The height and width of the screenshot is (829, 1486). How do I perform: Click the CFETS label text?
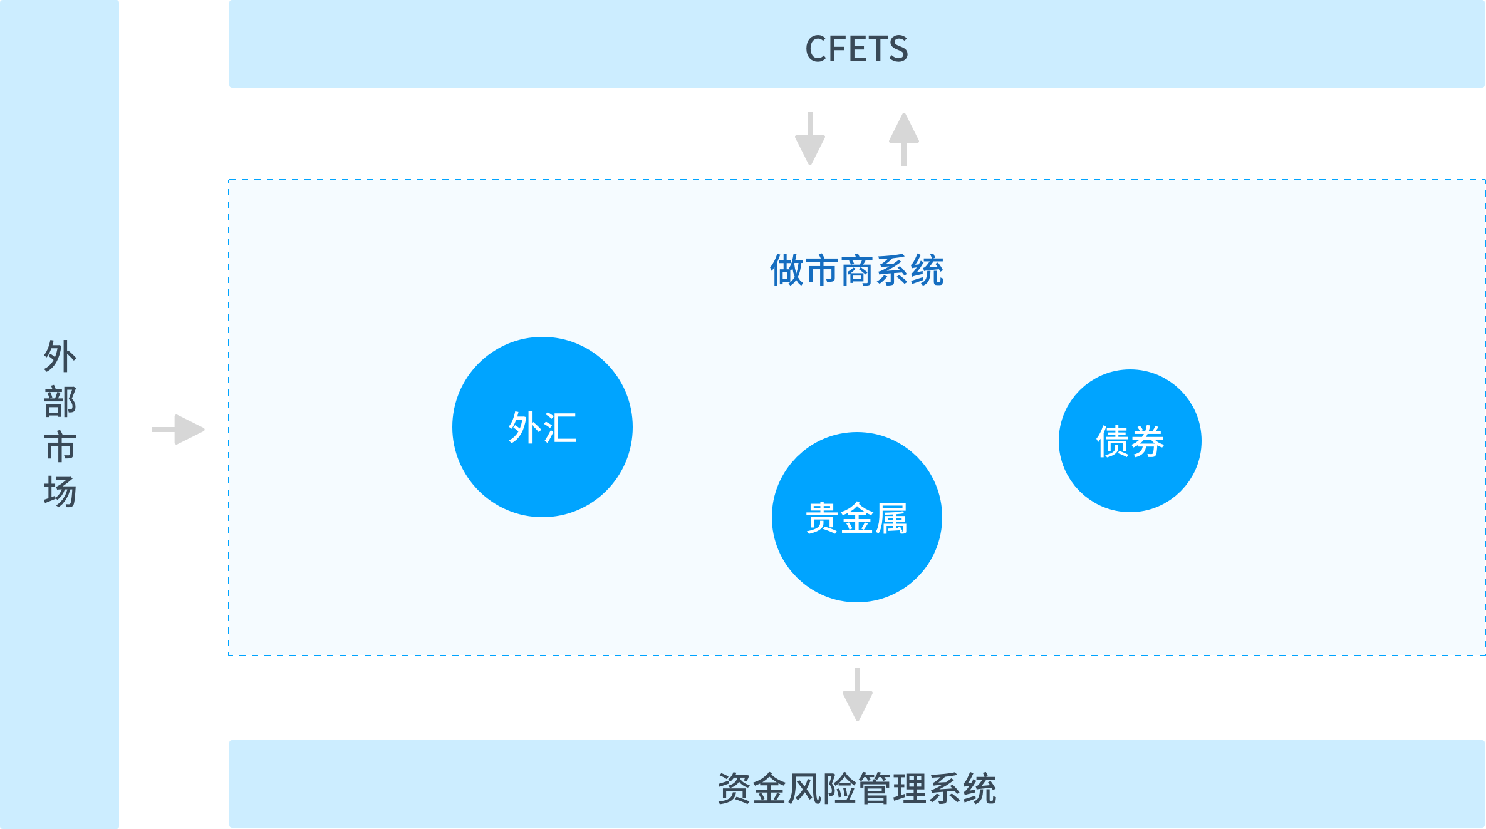(856, 49)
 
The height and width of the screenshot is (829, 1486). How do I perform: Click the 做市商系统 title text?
(856, 270)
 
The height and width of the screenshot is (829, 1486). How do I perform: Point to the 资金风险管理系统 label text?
(856, 788)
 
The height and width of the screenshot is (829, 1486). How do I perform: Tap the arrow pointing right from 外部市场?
(179, 430)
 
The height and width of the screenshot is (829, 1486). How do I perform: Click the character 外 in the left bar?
(60, 356)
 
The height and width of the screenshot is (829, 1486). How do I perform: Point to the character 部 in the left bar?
(60, 401)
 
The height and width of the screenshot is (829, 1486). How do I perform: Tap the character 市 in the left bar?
(60, 446)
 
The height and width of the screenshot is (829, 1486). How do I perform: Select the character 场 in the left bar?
(60, 492)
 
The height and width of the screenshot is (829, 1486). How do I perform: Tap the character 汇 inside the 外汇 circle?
(560, 428)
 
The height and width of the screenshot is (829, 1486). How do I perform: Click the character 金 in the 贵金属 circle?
(856, 518)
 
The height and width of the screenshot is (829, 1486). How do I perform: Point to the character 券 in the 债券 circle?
(1147, 441)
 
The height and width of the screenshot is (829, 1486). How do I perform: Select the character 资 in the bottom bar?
(734, 788)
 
